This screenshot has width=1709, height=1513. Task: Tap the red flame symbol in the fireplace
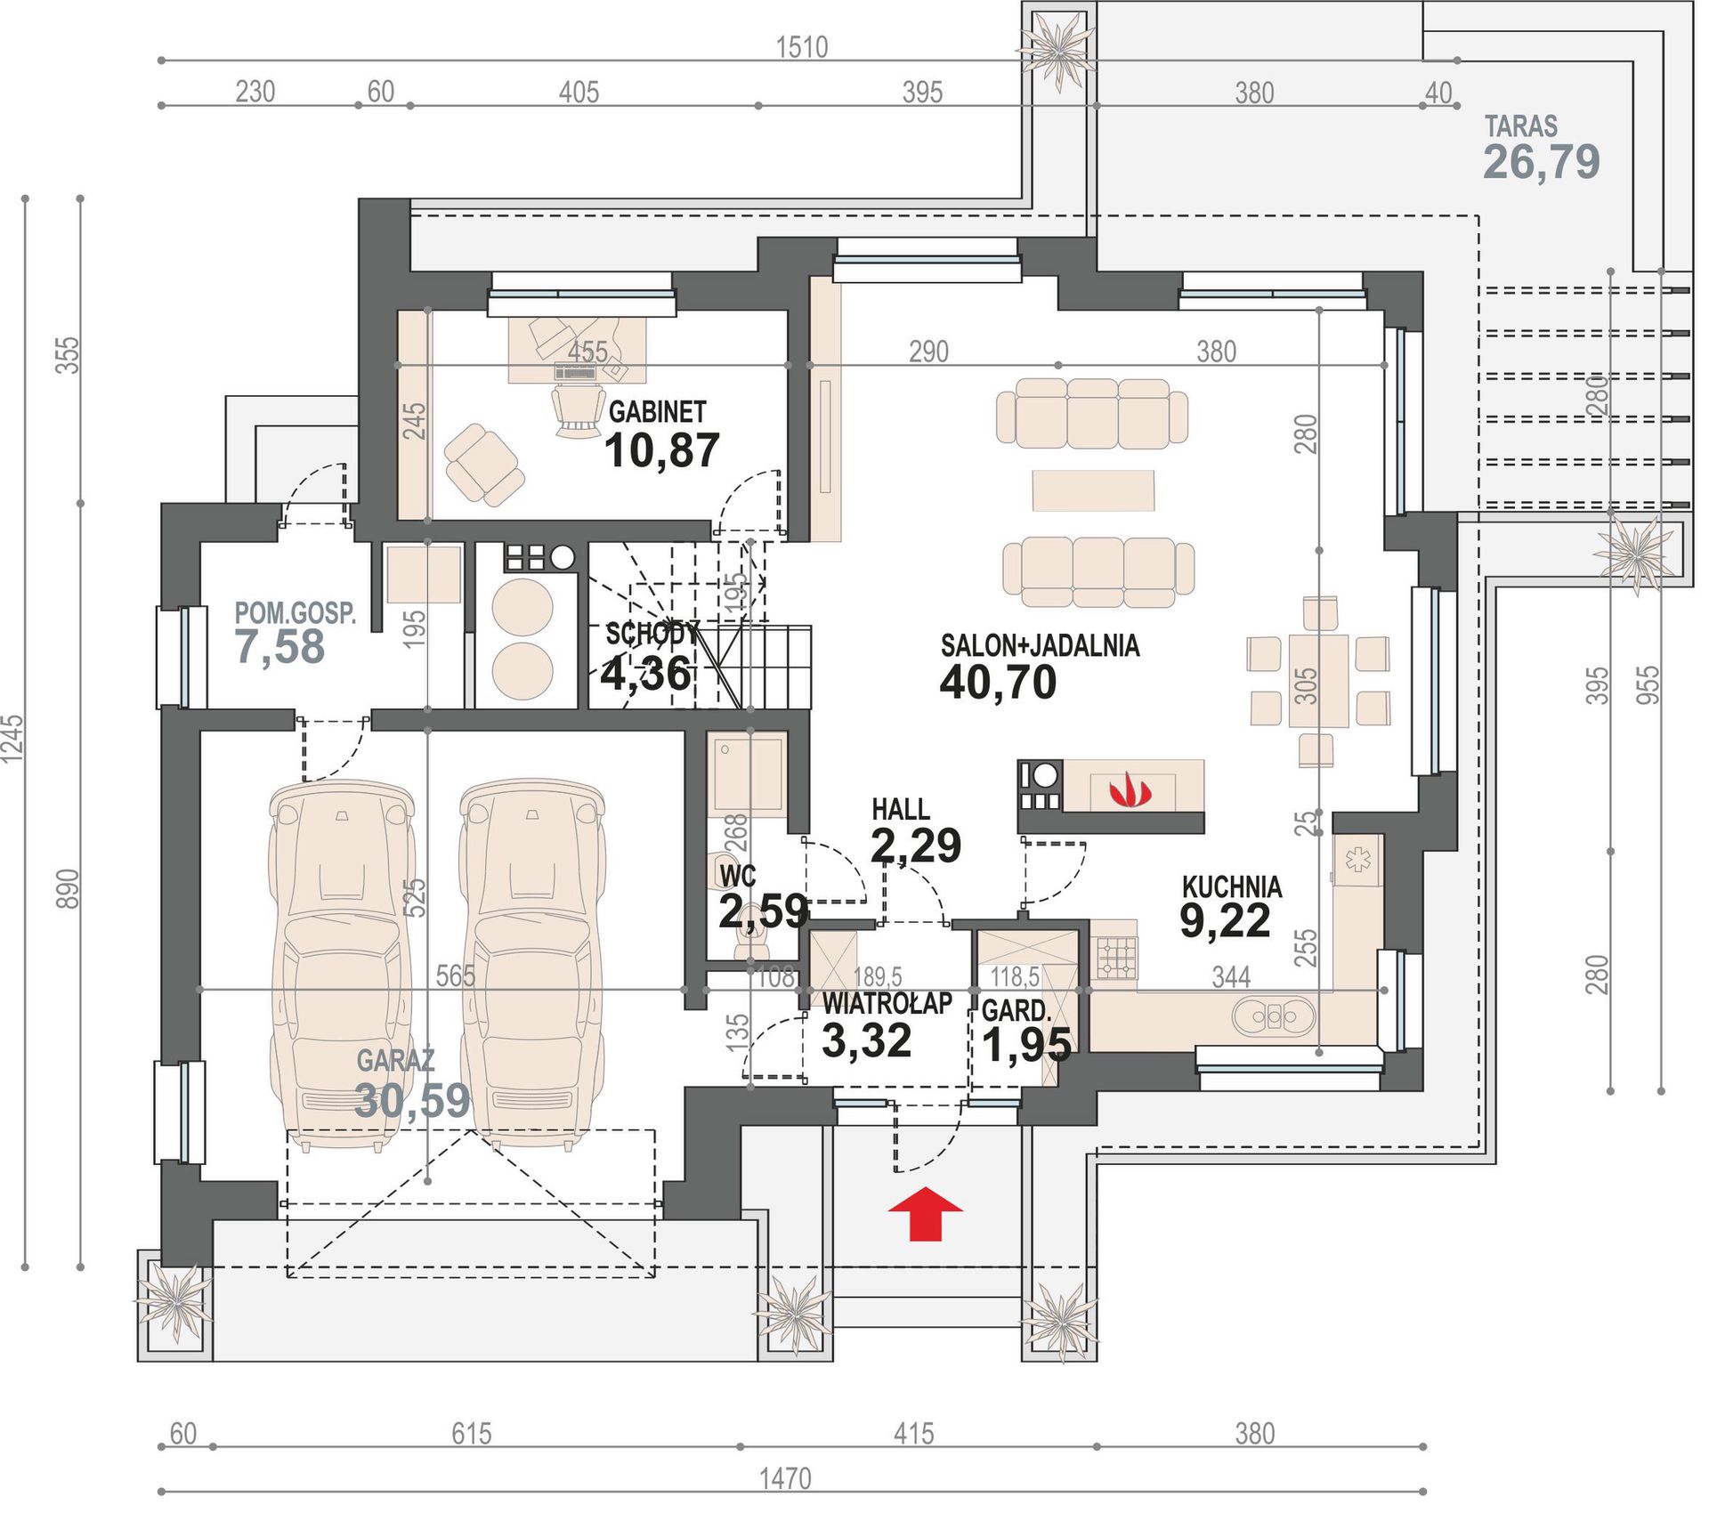[x=1130, y=789]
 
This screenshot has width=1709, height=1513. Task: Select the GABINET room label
[x=657, y=412]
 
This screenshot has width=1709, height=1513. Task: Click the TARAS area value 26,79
[x=1541, y=162]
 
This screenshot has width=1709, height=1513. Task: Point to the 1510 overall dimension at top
[x=801, y=46]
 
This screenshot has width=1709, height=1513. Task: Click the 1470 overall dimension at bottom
[x=785, y=1478]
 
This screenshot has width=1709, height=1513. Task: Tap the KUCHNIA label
[x=1232, y=886]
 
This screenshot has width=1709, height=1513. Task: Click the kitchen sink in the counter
[x=1274, y=1015]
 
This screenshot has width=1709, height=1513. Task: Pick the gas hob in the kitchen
[x=1115, y=958]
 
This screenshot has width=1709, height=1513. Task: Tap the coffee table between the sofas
[x=1093, y=490]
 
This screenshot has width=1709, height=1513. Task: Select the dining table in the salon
[x=1318, y=680]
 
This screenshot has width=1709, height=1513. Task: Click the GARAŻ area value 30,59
[x=412, y=1100]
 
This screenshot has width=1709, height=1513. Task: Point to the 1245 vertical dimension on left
[x=12, y=738]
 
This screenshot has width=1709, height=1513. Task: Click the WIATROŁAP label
[x=887, y=1003]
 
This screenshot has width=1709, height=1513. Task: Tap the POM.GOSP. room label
[x=296, y=613]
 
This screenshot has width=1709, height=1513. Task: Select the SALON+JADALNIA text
[x=1040, y=645]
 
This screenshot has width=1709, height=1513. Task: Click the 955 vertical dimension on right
[x=1648, y=685]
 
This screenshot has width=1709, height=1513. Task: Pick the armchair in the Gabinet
[x=483, y=464]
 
